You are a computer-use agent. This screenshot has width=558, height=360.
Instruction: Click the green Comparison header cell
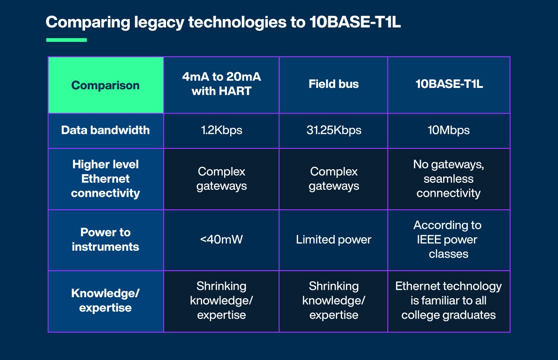pyautogui.click(x=106, y=85)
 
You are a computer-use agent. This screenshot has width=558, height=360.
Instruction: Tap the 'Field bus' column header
pyautogui.click(x=333, y=84)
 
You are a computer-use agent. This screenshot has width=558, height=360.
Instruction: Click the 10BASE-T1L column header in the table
pyautogui.click(x=449, y=84)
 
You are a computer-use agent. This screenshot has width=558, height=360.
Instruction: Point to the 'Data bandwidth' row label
pyautogui.click(x=106, y=130)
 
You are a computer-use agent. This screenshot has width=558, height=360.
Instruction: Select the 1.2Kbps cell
pyautogui.click(x=221, y=130)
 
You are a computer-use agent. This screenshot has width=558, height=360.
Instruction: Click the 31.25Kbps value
pyautogui.click(x=333, y=130)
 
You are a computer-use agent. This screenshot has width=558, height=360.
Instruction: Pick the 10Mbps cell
pyautogui.click(x=449, y=130)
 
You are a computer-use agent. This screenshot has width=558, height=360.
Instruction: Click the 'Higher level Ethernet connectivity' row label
pyautogui.click(x=106, y=179)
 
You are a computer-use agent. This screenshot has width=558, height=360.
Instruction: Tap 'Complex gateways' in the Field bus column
pyautogui.click(x=333, y=179)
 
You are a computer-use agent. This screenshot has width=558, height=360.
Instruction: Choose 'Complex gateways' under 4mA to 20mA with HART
pyautogui.click(x=221, y=179)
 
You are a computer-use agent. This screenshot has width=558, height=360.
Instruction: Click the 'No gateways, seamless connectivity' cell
pyautogui.click(x=449, y=179)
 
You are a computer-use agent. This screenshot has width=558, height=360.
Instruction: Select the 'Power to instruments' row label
pyautogui.click(x=106, y=240)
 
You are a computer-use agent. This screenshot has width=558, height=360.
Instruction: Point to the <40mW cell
pyautogui.click(x=221, y=240)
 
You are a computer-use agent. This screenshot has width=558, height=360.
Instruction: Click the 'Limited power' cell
pyautogui.click(x=333, y=240)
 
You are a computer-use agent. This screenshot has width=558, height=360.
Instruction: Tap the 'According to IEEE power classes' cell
pyautogui.click(x=449, y=240)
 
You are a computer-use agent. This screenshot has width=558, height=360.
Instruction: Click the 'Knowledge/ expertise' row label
pyautogui.click(x=106, y=300)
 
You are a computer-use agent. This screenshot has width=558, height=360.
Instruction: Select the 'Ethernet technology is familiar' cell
pyautogui.click(x=449, y=300)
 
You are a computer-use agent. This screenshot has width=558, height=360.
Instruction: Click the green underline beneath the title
pyautogui.click(x=66, y=40)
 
